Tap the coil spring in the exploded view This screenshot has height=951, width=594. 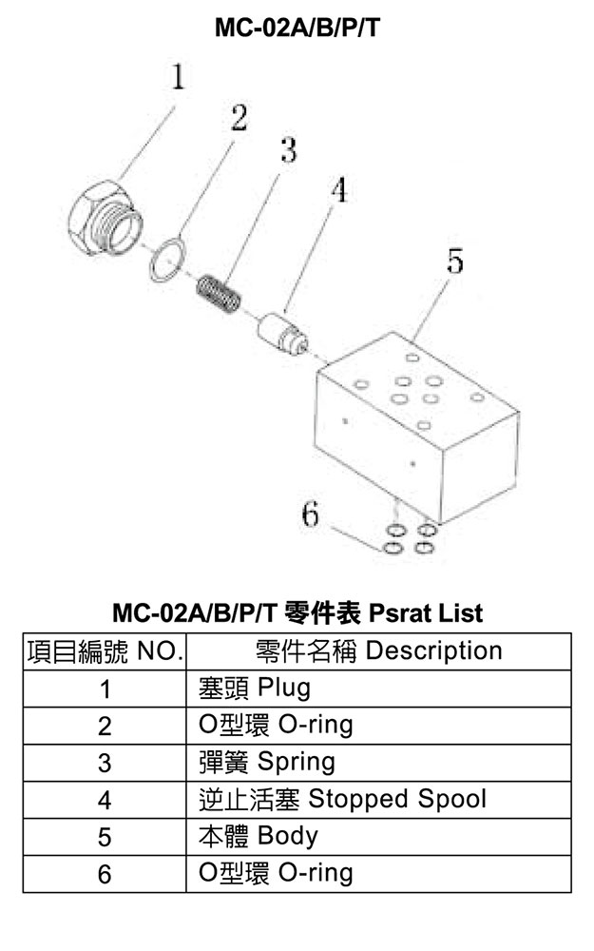(x=220, y=294)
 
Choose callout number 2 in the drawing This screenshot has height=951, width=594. (x=239, y=118)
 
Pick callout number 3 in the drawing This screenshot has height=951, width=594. (x=289, y=149)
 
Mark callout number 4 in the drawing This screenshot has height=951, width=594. (x=339, y=190)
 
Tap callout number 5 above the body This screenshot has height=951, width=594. (x=454, y=261)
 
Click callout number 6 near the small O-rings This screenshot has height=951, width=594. (x=310, y=514)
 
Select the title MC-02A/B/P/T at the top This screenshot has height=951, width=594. (x=297, y=28)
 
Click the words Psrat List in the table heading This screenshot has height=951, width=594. (x=426, y=612)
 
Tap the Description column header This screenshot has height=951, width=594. (x=378, y=650)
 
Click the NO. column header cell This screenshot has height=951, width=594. (x=105, y=650)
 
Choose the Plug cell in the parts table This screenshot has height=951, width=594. (x=378, y=689)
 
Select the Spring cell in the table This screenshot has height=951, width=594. (x=378, y=763)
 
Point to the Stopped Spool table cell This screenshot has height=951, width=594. (x=378, y=800)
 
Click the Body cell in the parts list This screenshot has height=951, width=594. (x=378, y=837)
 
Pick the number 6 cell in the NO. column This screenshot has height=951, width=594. (x=105, y=874)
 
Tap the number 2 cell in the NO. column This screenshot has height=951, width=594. (x=105, y=726)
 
